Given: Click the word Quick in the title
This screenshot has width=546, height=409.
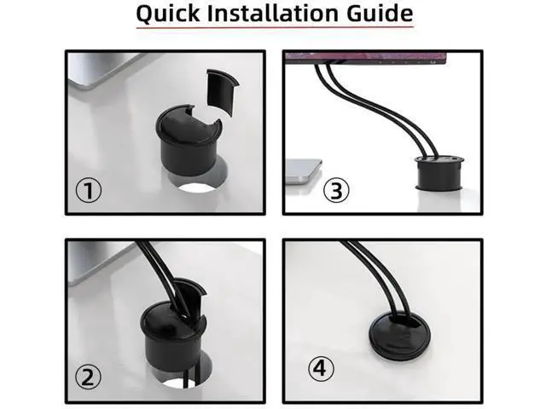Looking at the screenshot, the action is pos(168,14).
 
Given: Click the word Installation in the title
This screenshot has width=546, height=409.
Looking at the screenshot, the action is pos(273,13).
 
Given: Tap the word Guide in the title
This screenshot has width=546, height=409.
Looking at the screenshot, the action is pos(380,13).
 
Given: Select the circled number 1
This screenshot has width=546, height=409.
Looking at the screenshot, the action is pos(89,190).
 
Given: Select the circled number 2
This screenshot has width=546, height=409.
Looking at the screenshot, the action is pos(89,377).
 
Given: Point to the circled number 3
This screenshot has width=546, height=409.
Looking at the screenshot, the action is pos(336,190).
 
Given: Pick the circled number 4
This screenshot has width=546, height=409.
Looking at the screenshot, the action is pos(321,368).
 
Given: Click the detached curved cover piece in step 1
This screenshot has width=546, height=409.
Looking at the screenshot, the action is pos(222,91).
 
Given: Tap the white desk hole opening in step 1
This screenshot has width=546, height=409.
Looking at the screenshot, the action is pos(197,188).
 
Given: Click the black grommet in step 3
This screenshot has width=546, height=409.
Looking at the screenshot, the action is pos(439,173).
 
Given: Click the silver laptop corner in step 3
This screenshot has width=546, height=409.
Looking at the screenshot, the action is pos(303,171).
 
